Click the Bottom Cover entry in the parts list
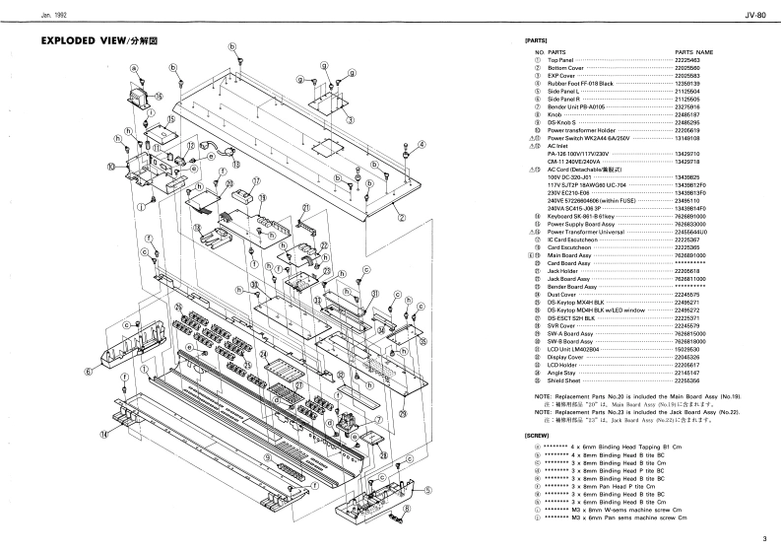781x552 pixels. point(566,68)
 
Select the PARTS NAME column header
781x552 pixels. point(693,50)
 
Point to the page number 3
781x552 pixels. point(763,538)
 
